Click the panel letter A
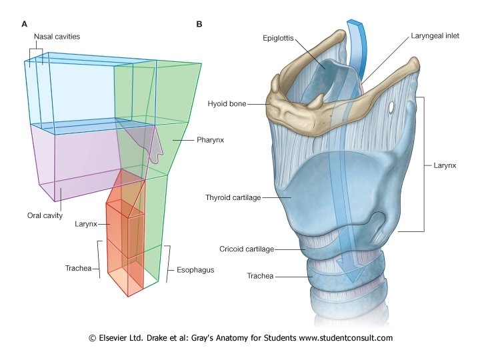25,24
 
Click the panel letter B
199,24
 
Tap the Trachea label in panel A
79,268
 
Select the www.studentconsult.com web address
345,338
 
